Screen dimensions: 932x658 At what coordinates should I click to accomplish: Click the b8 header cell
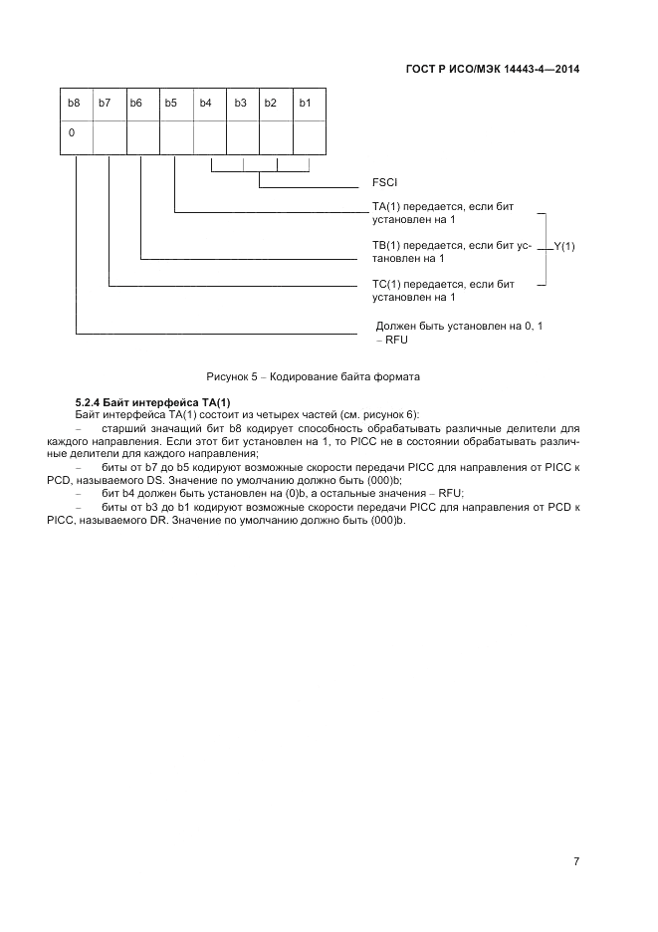click(73, 104)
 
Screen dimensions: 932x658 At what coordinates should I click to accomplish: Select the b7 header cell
click(106, 104)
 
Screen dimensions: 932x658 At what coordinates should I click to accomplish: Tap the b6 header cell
click(137, 104)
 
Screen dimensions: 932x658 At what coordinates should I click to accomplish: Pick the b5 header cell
click(171, 104)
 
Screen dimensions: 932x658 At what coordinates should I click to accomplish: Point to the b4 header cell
click(205, 104)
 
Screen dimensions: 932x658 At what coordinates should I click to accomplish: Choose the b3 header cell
click(240, 104)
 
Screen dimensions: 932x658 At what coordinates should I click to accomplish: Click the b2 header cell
click(270, 104)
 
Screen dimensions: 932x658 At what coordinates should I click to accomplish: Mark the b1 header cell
click(306, 104)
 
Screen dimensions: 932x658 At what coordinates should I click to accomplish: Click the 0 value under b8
click(72, 132)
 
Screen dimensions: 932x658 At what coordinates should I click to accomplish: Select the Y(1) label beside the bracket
click(563, 245)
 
